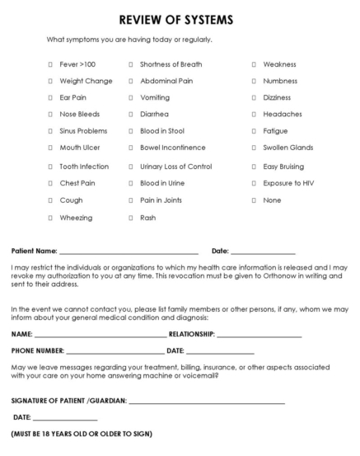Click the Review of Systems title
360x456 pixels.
pyautogui.click(x=180, y=18)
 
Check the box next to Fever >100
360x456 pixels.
pyautogui.click(x=51, y=64)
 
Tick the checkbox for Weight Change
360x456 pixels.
pyautogui.click(x=51, y=81)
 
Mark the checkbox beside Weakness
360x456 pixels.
pyautogui.click(x=254, y=64)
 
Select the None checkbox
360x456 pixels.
pyautogui.click(x=254, y=200)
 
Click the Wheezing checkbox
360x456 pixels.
pyautogui.click(x=51, y=218)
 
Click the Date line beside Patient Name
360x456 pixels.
pyautogui.click(x=263, y=252)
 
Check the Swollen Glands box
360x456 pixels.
pyautogui.click(x=254, y=148)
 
